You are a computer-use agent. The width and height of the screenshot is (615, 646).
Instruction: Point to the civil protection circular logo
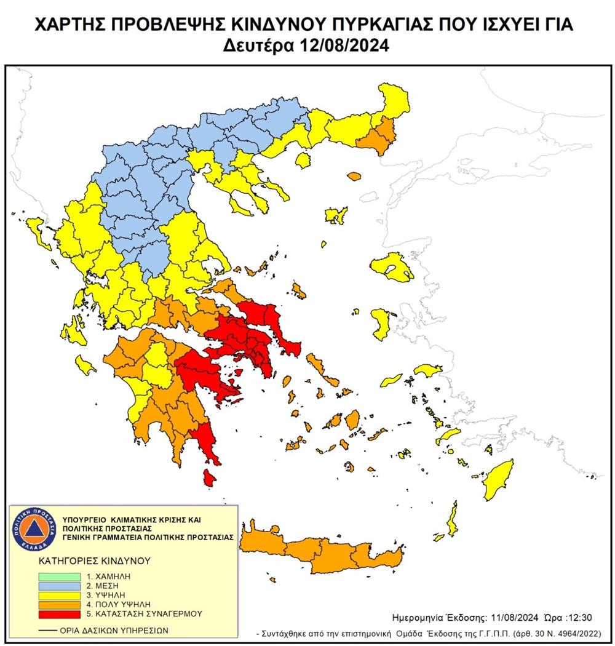point(34,527)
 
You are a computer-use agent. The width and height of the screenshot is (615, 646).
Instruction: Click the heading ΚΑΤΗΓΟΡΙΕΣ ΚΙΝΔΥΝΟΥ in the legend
point(86,561)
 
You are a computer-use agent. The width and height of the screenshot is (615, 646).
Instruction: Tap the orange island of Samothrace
point(355,177)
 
